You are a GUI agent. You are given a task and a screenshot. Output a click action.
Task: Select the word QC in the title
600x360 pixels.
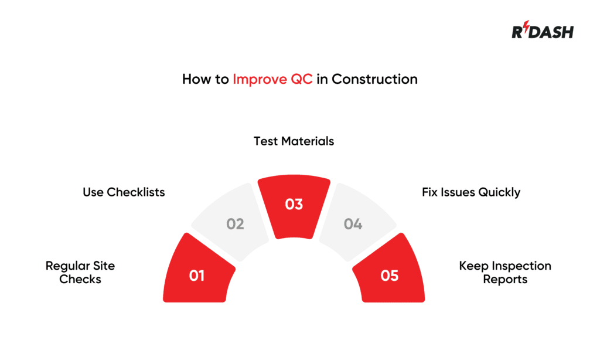coord(301,79)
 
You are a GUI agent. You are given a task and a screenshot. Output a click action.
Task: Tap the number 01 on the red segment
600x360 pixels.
coord(197,275)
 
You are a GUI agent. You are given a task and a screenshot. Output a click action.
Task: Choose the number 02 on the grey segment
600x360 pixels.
coord(235,224)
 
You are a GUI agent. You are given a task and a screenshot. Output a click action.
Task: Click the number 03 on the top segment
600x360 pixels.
coord(294,204)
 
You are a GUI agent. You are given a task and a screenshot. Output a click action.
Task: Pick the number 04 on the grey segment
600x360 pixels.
coord(353,224)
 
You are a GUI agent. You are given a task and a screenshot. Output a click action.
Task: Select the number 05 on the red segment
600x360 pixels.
coord(390,275)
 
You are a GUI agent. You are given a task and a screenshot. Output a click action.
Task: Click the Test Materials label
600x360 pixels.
coord(294,141)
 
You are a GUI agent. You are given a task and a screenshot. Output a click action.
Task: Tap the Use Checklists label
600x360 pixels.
coord(124,192)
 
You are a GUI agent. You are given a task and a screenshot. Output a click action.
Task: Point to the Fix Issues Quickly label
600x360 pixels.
coord(471,192)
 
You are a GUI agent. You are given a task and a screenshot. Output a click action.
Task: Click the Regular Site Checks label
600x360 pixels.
coord(80,273)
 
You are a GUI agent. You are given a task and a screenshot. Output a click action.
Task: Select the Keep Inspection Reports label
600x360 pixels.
coord(505,273)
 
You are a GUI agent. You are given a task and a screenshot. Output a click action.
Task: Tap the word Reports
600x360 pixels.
coord(505,280)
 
